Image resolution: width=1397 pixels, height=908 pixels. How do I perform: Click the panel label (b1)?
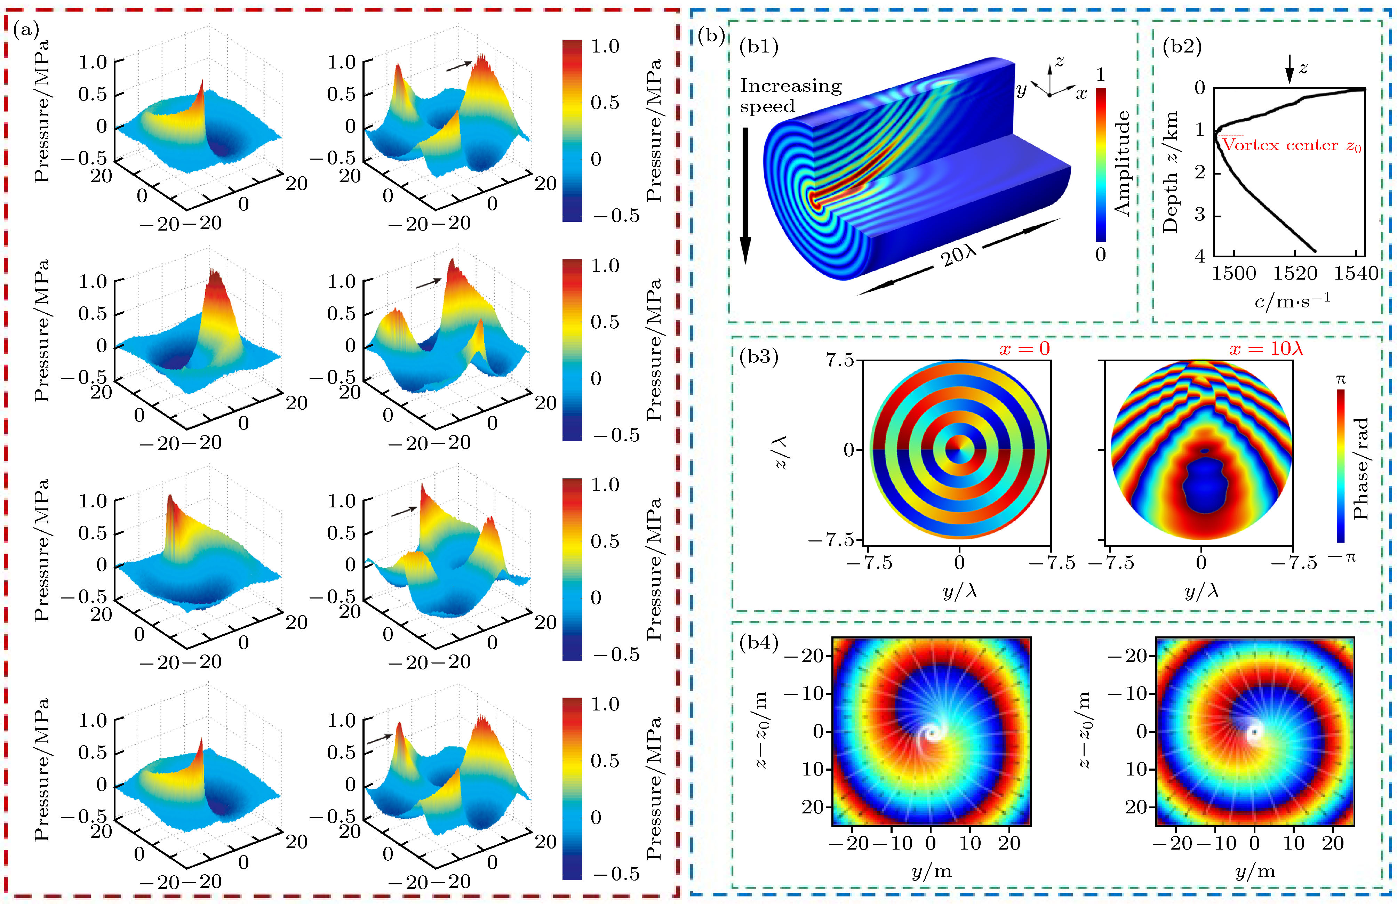759,46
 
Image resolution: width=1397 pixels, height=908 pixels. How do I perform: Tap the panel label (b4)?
759,643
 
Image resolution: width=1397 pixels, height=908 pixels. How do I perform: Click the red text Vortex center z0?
1291,146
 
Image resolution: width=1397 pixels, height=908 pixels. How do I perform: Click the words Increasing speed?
790,96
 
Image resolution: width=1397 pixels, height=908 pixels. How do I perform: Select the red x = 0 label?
1024,349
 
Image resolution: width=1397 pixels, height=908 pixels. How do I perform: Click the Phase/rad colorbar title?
1360,468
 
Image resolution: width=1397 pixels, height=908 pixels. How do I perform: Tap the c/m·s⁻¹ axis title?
1291,300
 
